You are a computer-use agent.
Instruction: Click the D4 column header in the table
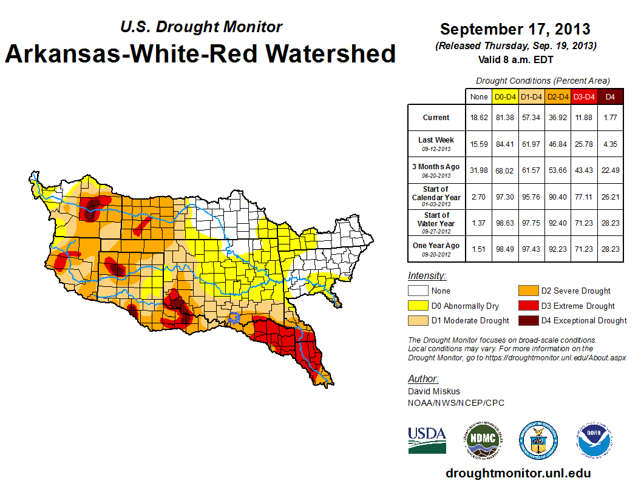click(611, 96)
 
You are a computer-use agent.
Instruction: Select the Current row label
click(436, 118)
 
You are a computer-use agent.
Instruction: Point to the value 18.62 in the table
click(480, 118)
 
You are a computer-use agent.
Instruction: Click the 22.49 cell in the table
click(611, 170)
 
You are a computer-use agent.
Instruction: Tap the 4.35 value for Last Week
click(611, 144)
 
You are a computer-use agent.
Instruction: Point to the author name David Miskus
click(433, 391)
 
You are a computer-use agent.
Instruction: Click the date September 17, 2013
click(515, 29)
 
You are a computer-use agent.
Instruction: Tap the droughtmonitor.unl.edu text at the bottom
click(518, 473)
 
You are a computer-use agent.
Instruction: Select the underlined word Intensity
click(427, 276)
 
